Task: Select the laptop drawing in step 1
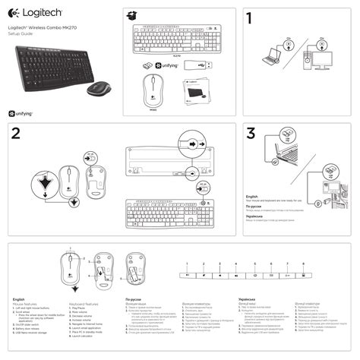(273, 59)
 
